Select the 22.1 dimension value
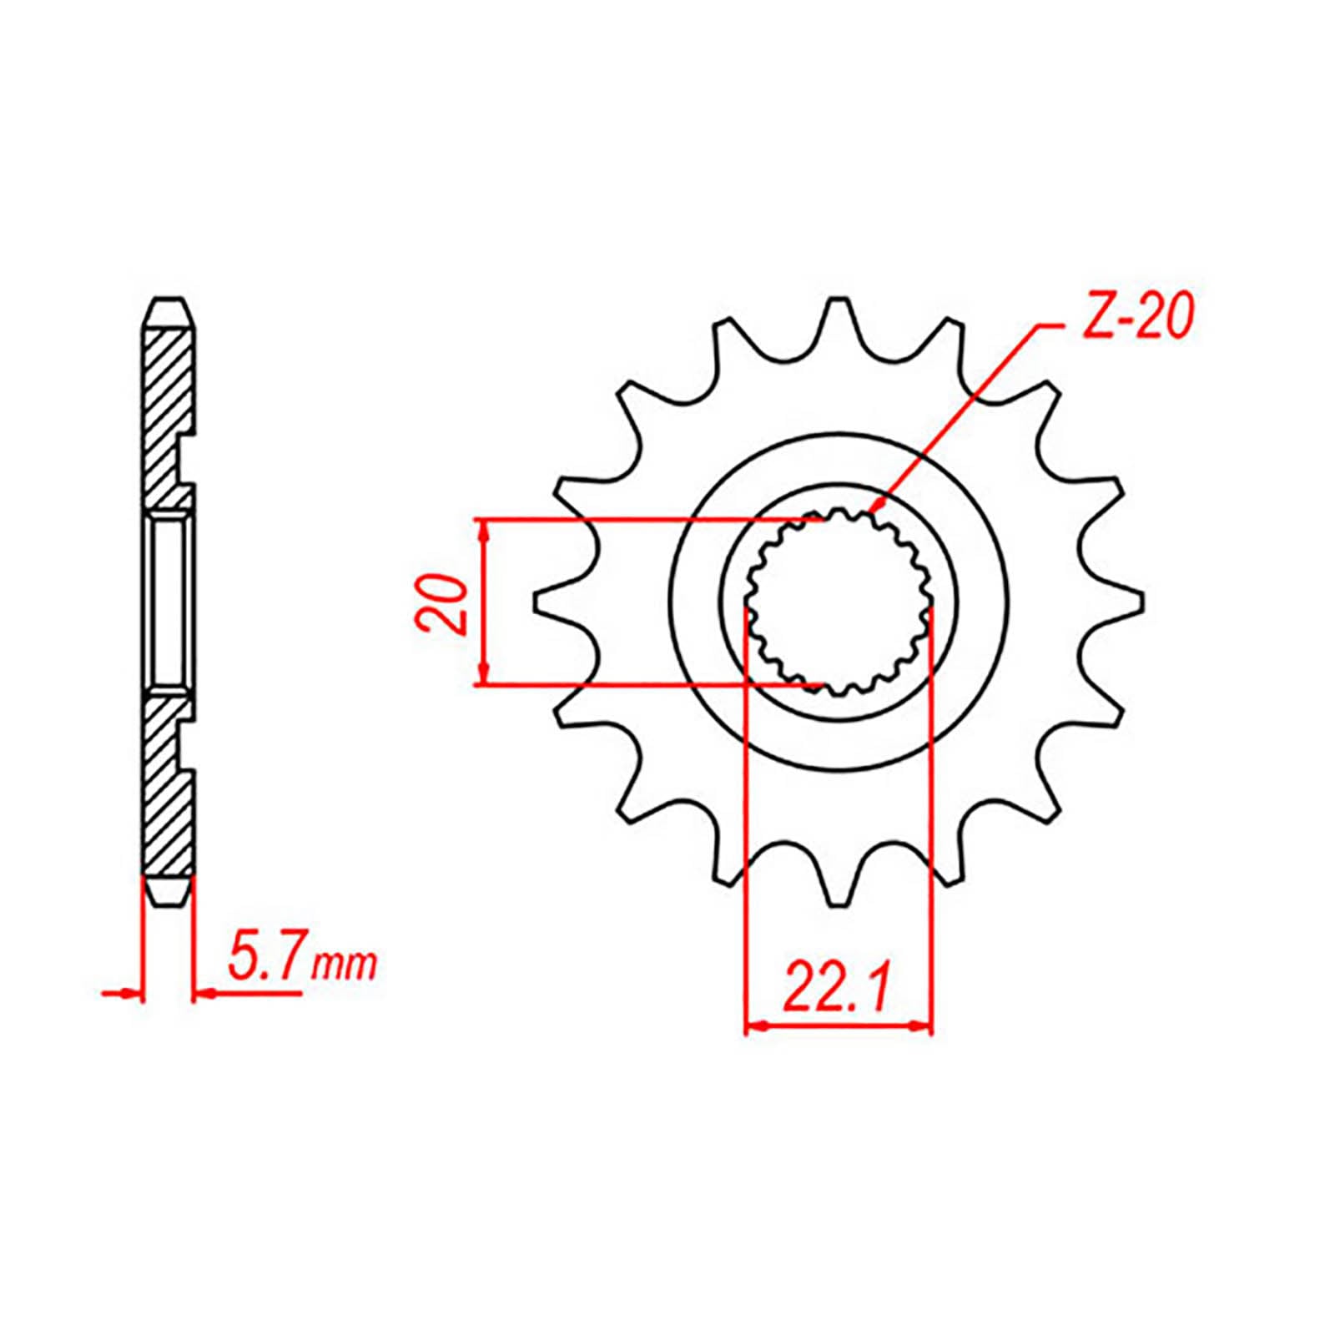[837, 990]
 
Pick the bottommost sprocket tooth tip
[837, 903]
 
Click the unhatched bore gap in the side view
[170, 602]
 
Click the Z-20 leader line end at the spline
[873, 510]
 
